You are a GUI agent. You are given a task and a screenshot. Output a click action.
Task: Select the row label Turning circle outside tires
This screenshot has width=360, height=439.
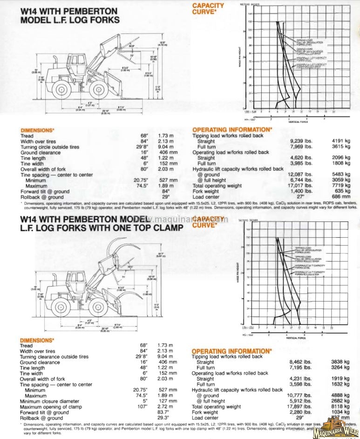pyautogui.click(x=49, y=147)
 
